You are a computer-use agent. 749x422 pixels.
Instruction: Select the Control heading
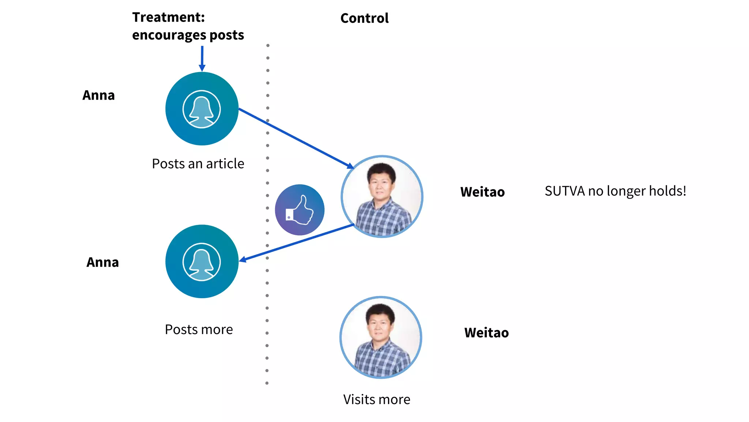coord(364,18)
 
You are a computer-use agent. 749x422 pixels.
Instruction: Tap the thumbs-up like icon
coord(300,210)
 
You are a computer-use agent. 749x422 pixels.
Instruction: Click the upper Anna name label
coord(98,95)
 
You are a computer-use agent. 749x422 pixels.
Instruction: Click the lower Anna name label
coord(102,262)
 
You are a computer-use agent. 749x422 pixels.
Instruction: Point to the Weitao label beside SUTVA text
coord(482,192)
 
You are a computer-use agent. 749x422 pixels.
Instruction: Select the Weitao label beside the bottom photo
coord(486,333)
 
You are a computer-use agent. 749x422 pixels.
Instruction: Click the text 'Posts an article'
coord(198,164)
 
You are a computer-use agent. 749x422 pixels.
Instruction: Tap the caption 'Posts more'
coord(199,330)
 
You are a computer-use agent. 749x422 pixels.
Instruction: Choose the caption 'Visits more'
coord(376,399)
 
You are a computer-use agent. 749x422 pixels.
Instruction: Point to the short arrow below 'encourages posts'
coord(202,59)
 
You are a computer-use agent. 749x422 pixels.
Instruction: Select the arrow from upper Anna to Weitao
coord(296,138)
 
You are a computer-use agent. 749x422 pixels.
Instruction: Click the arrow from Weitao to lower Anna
coord(296,243)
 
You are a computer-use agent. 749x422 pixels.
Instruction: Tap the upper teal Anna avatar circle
coord(202,109)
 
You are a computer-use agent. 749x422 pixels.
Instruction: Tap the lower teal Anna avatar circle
coord(202,262)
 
